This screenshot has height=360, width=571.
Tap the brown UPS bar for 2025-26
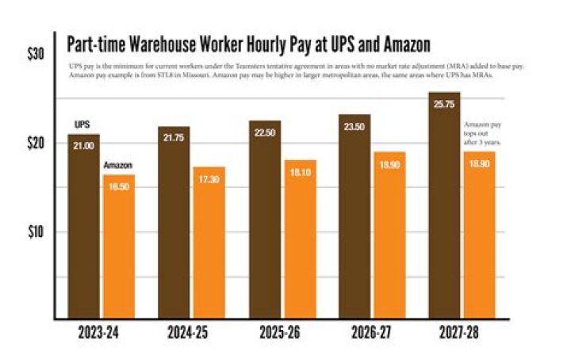(264, 222)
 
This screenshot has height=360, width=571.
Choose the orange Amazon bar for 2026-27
(389, 238)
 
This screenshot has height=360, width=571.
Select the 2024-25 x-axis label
(190, 333)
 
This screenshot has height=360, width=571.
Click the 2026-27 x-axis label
(371, 333)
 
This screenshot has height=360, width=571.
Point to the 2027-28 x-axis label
(462, 333)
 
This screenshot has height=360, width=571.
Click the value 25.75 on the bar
(444, 105)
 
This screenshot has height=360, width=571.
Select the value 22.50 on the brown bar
(264, 132)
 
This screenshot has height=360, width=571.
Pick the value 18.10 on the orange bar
(300, 171)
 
